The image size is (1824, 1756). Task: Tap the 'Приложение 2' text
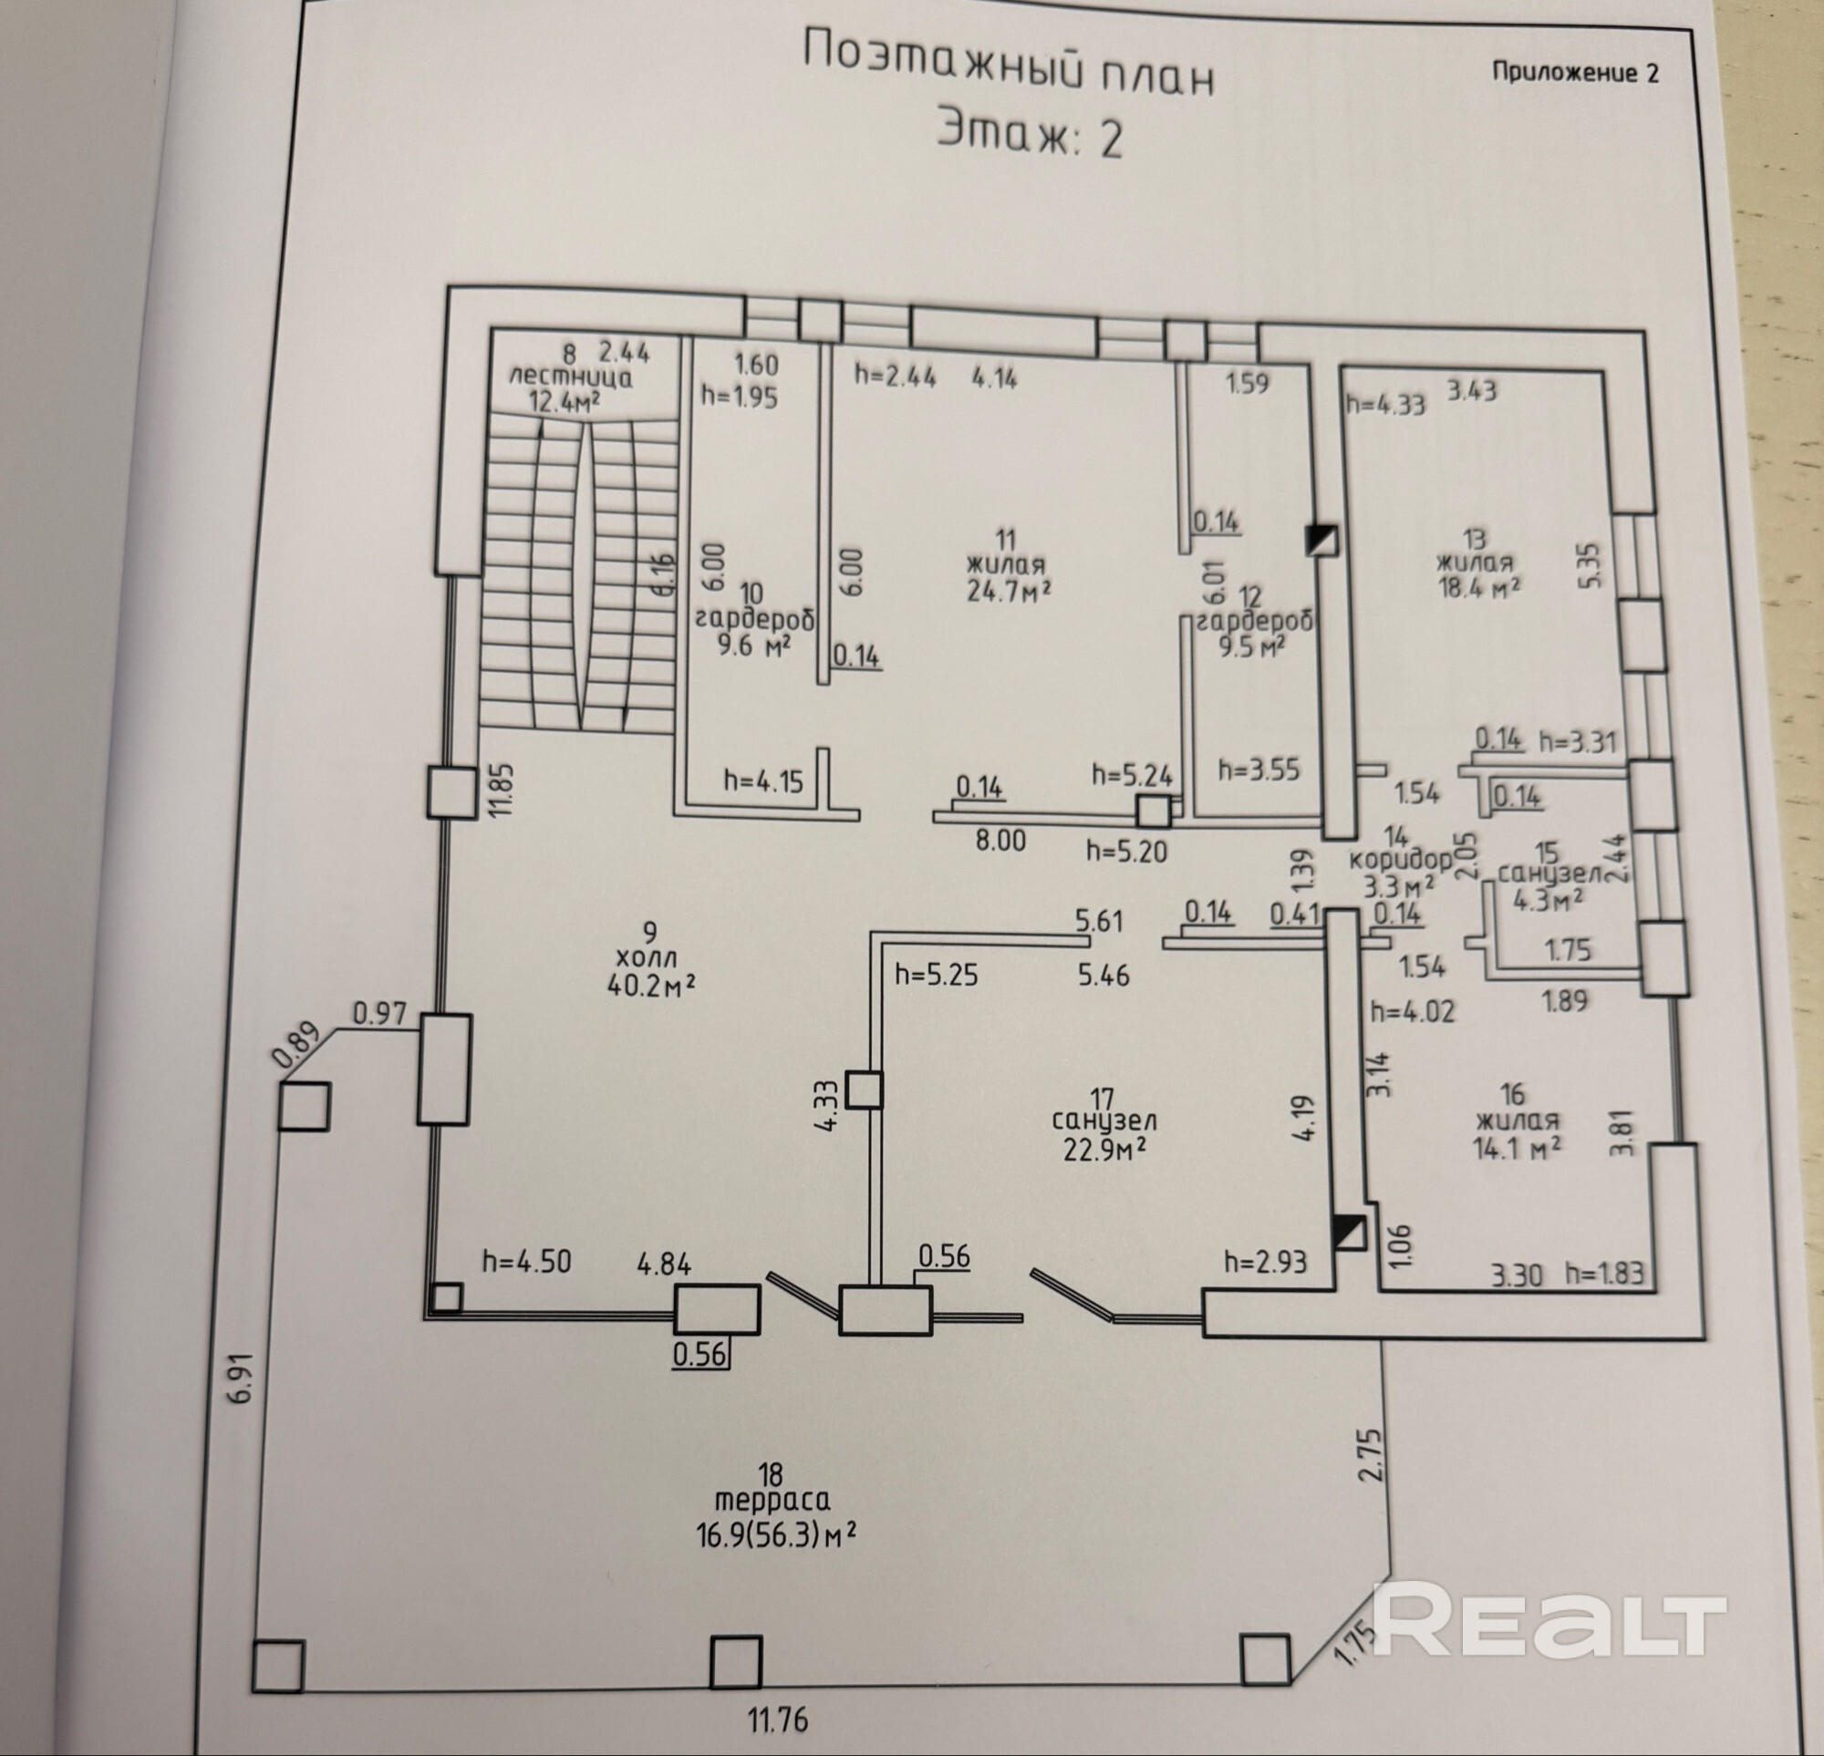[x=1576, y=73]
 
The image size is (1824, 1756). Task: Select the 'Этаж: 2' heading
[x=1030, y=136]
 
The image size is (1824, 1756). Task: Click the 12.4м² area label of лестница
[x=564, y=401]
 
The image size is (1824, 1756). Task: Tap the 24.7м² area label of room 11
[x=1008, y=589]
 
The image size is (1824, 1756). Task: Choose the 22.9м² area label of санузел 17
[x=1103, y=1149]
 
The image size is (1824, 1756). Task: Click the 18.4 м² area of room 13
[x=1478, y=588]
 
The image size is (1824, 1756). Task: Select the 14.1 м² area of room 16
[x=1516, y=1147]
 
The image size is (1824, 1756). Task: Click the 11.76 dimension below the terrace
[x=777, y=1718]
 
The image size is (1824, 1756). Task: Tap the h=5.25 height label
[x=937, y=975]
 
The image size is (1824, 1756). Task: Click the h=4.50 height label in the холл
[x=526, y=1261]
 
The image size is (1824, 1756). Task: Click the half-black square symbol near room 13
[x=1321, y=540]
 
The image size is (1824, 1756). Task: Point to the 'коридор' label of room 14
[x=1400, y=859]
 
